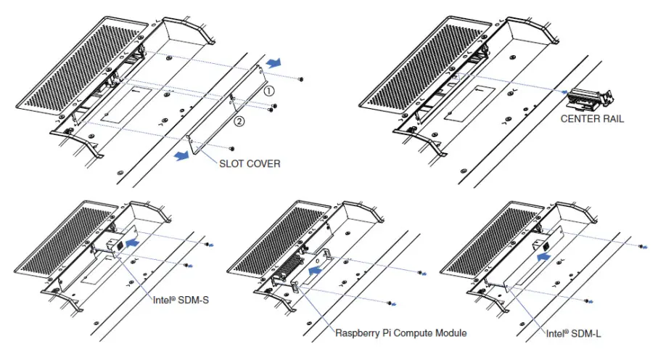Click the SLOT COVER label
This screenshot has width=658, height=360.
tap(249, 164)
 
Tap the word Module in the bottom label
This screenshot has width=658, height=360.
tap(448, 333)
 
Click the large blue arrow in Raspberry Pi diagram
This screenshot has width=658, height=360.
tap(314, 269)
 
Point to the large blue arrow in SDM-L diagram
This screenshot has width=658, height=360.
tap(543, 255)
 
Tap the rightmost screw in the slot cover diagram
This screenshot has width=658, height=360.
tap(301, 78)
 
